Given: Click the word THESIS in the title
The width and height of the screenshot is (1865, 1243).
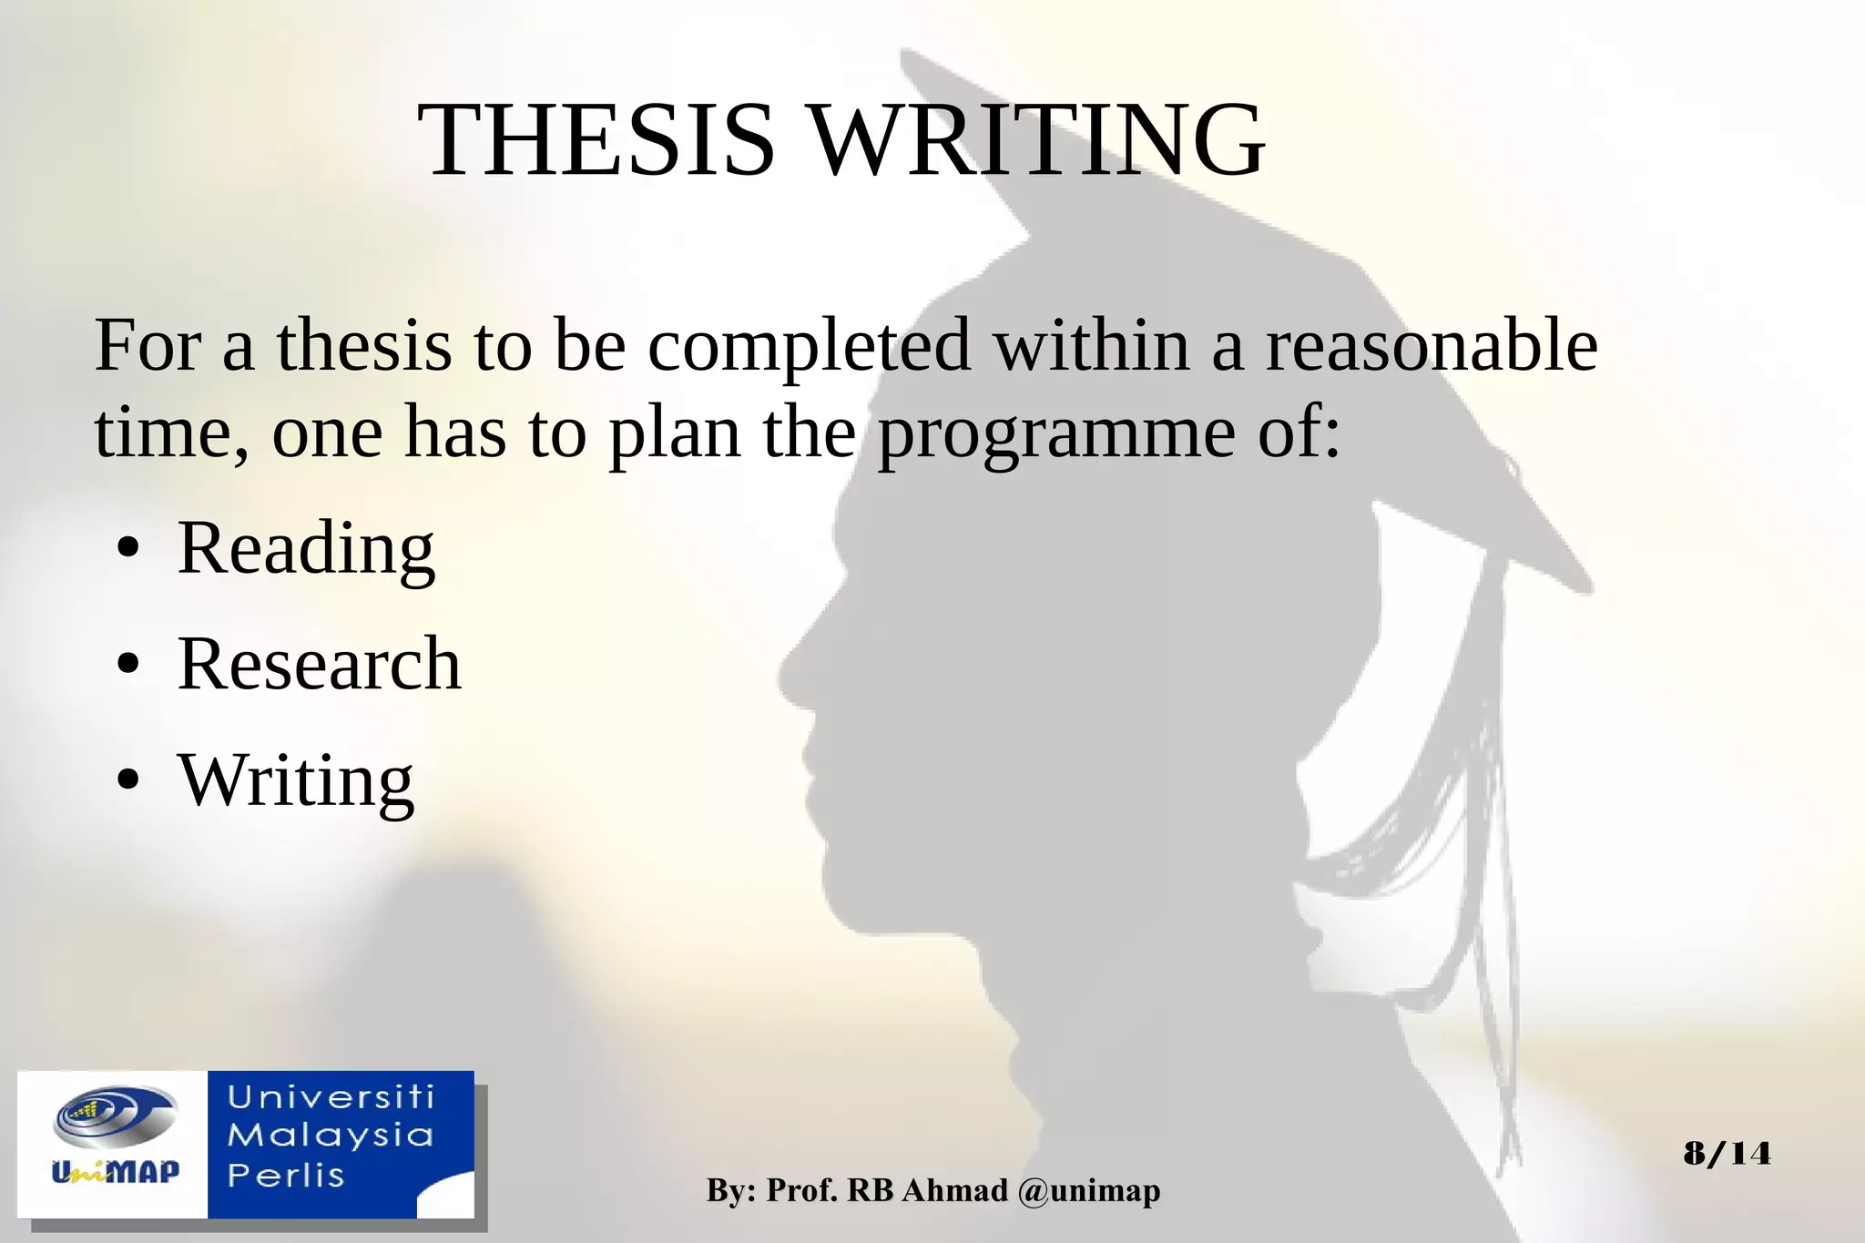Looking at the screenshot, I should point(596,141).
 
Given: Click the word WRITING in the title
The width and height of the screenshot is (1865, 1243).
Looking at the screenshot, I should point(1037,141).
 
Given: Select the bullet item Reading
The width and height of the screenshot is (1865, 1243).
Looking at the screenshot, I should point(306,548).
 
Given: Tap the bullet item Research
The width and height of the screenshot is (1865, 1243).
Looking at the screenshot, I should point(320,664).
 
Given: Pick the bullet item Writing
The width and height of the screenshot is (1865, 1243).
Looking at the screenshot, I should point(296,780).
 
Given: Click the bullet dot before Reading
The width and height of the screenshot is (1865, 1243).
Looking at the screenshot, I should point(128,550).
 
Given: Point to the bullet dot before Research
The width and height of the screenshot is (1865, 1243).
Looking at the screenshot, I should point(128,666).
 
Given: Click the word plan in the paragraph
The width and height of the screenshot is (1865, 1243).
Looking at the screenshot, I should point(674,433).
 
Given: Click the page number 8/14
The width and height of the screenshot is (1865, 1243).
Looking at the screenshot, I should point(1727,1154).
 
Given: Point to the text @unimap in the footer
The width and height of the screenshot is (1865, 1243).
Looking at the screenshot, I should point(1089,1190).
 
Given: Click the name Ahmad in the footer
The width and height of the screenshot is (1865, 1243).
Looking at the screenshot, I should point(954,1190).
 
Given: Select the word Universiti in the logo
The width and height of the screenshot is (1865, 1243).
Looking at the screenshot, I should point(331,1097).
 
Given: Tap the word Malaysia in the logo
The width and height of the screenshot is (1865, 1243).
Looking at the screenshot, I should point(331,1136).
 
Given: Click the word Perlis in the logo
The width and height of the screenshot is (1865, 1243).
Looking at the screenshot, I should point(286,1175).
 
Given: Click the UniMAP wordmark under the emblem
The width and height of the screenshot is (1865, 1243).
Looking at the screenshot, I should point(116,1171).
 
